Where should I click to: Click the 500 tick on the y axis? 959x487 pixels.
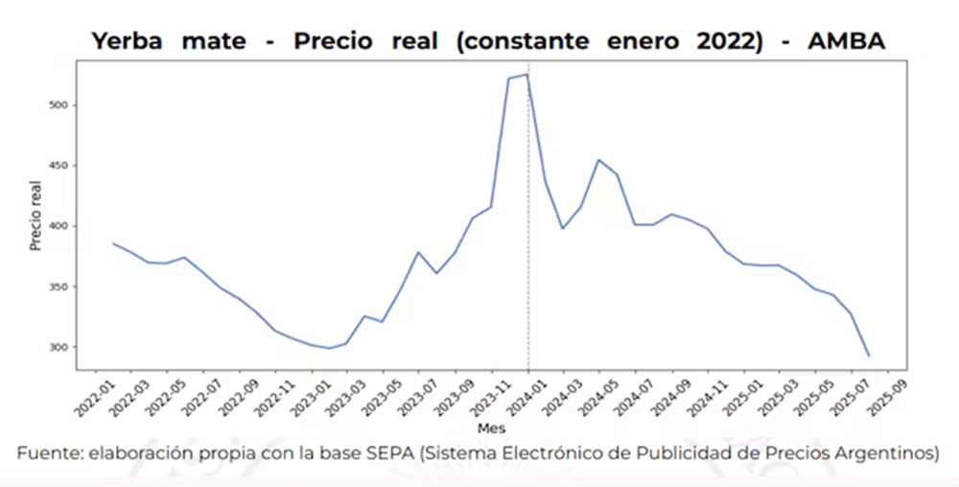point(58,105)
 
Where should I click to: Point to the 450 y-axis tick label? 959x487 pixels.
point(58,166)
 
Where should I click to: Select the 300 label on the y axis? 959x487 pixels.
point(58,347)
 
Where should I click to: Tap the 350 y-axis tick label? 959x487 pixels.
point(58,287)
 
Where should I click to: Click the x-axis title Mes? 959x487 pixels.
point(491,429)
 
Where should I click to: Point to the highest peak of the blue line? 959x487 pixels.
point(526,75)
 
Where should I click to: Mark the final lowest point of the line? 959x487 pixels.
point(868,356)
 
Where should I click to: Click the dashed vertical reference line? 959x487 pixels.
point(528,240)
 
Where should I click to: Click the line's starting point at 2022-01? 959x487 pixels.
point(113,243)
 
